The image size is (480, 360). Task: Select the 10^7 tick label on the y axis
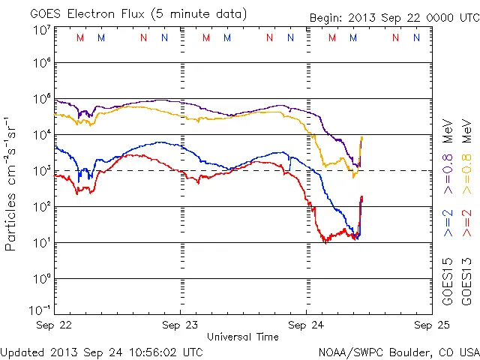tap(40, 30)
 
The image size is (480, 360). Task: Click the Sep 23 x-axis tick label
tap(181, 325)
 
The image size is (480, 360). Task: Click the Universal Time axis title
tap(242, 337)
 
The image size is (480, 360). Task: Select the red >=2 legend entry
tap(466, 223)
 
